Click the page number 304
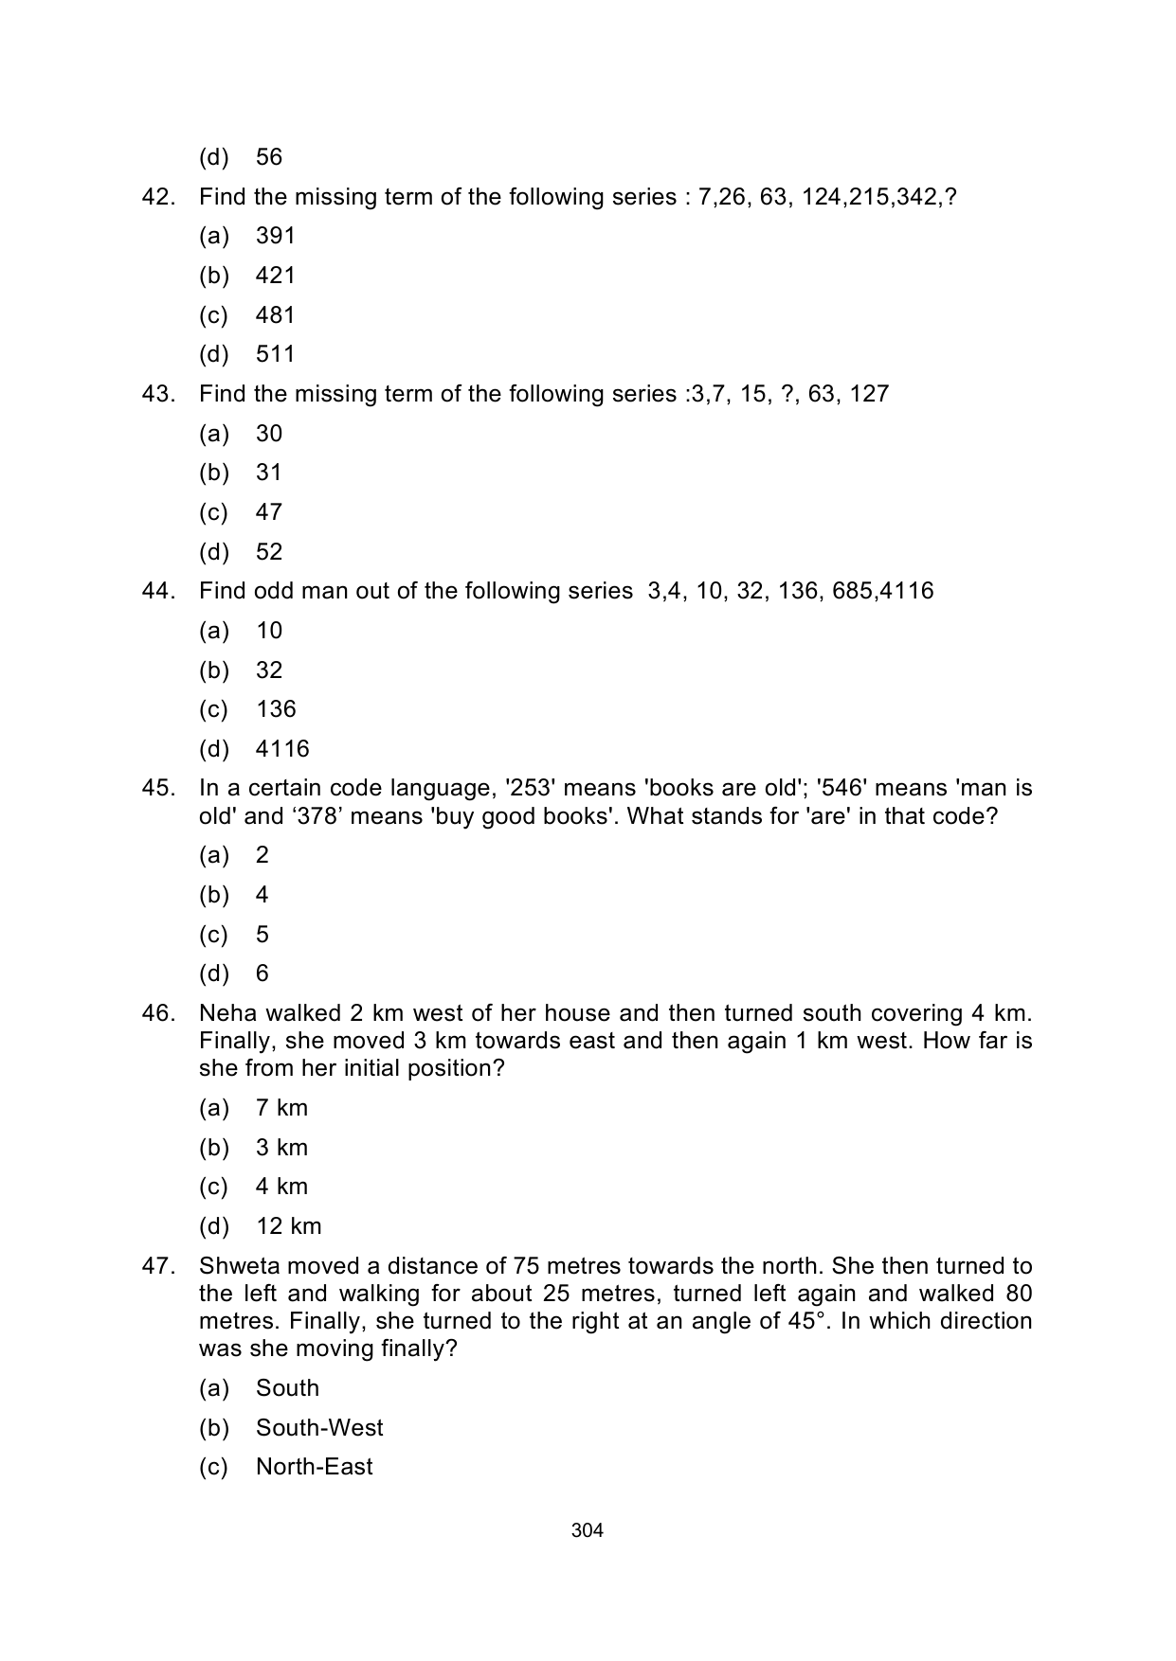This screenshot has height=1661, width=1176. (x=588, y=1530)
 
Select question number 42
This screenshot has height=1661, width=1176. (x=158, y=197)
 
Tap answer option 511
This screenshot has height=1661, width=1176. (x=275, y=354)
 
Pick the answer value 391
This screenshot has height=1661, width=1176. (x=275, y=236)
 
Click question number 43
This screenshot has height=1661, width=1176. (x=158, y=394)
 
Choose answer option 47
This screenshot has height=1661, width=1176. (x=269, y=512)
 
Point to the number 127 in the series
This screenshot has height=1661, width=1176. (x=869, y=394)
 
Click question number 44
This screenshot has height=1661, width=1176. (x=158, y=591)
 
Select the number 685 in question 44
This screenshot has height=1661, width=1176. (x=852, y=591)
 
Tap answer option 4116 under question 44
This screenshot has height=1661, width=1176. (x=282, y=749)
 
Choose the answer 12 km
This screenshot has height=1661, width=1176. (x=289, y=1226)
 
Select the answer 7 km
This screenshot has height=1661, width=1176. (x=281, y=1108)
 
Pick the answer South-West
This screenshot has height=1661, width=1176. (x=319, y=1427)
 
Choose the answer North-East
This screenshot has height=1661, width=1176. (x=314, y=1467)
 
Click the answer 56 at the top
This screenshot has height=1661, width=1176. (x=269, y=157)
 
